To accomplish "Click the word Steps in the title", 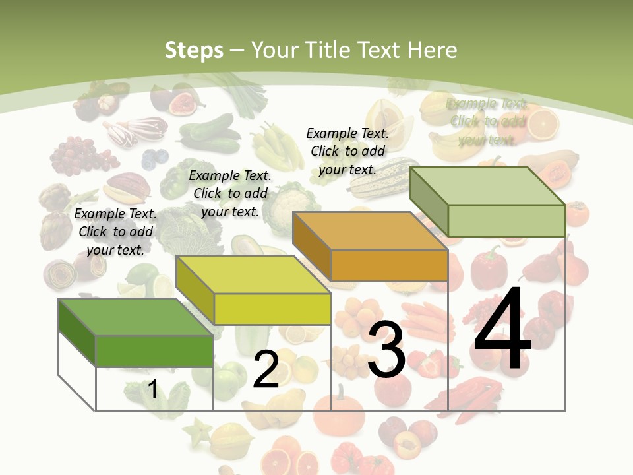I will tap(194, 50).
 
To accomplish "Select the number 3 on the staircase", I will tap(386, 350).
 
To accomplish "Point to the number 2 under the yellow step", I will tap(266, 369).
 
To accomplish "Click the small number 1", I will tap(152, 390).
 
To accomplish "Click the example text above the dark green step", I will tap(115, 232).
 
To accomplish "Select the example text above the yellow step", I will tap(230, 193).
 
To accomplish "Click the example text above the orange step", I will tap(347, 151).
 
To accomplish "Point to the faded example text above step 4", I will tap(487, 121).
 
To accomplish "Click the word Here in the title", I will tap(433, 50).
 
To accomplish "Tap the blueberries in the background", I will tap(156, 157).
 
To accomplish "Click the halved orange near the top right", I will tap(544, 122).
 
